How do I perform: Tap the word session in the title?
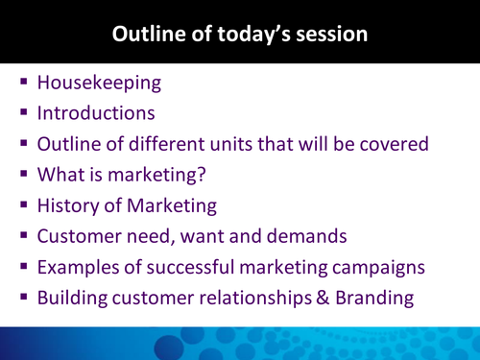pyautogui.click(x=332, y=35)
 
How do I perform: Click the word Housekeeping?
pyautogui.click(x=99, y=83)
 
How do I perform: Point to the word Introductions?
pyautogui.click(x=96, y=113)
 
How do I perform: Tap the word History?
pyautogui.click(x=69, y=205)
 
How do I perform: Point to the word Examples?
pyautogui.click(x=78, y=267)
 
